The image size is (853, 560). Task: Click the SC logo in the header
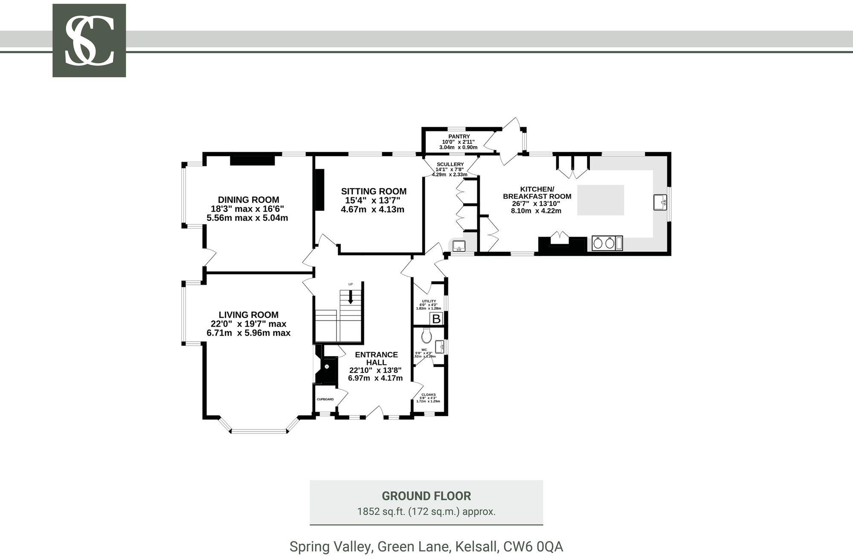[89, 41]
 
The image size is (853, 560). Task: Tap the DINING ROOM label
[248, 200]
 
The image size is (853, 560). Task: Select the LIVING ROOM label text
[248, 315]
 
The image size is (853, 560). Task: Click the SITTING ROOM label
[374, 192]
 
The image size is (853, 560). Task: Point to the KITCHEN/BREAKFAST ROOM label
[537, 193]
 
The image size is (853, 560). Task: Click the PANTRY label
[459, 136]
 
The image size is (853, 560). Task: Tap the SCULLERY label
[450, 164]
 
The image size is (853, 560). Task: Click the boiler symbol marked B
[436, 319]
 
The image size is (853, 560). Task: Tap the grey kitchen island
[601, 200]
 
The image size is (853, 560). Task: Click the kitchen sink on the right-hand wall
[660, 202]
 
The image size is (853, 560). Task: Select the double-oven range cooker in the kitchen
[607, 243]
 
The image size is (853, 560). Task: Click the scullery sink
[459, 246]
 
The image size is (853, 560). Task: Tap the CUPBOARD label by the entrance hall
[325, 399]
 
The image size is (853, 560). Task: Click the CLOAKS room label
[428, 395]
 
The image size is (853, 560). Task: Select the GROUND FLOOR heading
[426, 496]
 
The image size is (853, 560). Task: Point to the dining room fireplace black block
[252, 160]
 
